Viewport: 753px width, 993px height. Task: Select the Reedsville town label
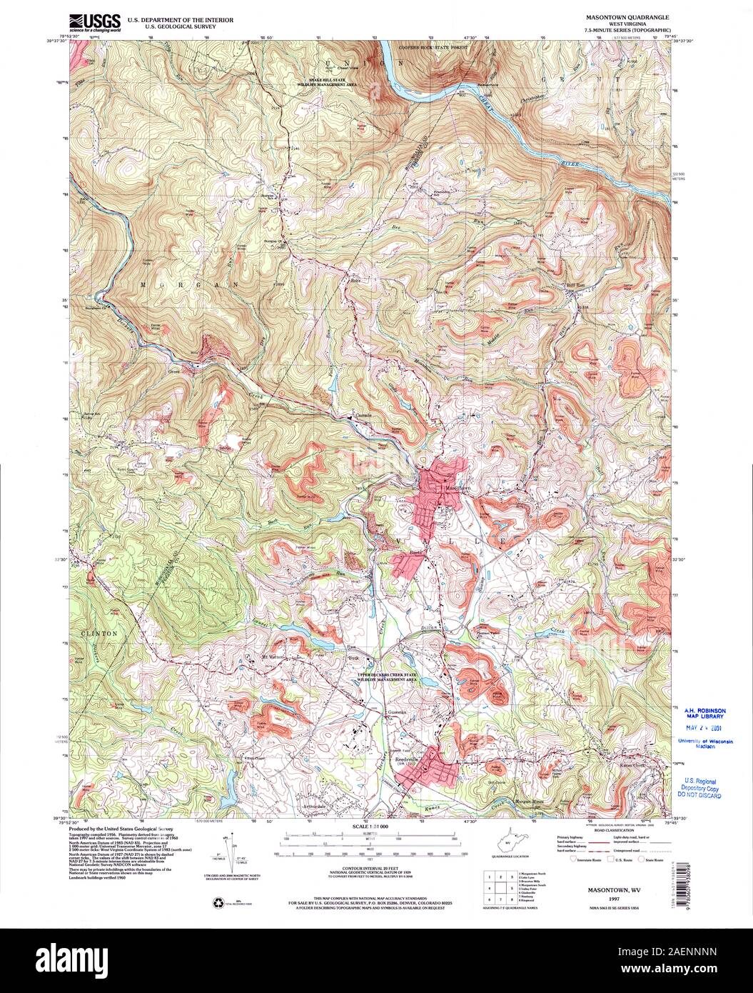(x=407, y=759)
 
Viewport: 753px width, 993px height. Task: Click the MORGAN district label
(x=165, y=284)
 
